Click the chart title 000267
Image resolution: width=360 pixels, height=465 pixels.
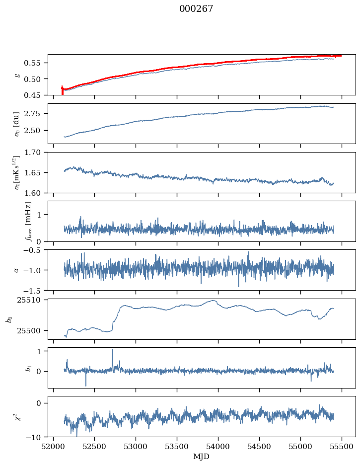tap(196, 9)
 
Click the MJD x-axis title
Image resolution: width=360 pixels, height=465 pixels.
tap(202, 457)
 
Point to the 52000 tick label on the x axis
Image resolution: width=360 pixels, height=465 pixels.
tap(54, 446)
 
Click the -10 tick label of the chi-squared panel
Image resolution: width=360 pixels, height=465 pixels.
tap(35, 437)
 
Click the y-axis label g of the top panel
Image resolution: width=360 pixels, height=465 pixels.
tap(17, 75)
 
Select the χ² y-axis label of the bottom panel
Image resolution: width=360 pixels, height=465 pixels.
tap(17, 417)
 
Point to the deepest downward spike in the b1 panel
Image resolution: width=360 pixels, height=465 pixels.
tap(86, 386)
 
